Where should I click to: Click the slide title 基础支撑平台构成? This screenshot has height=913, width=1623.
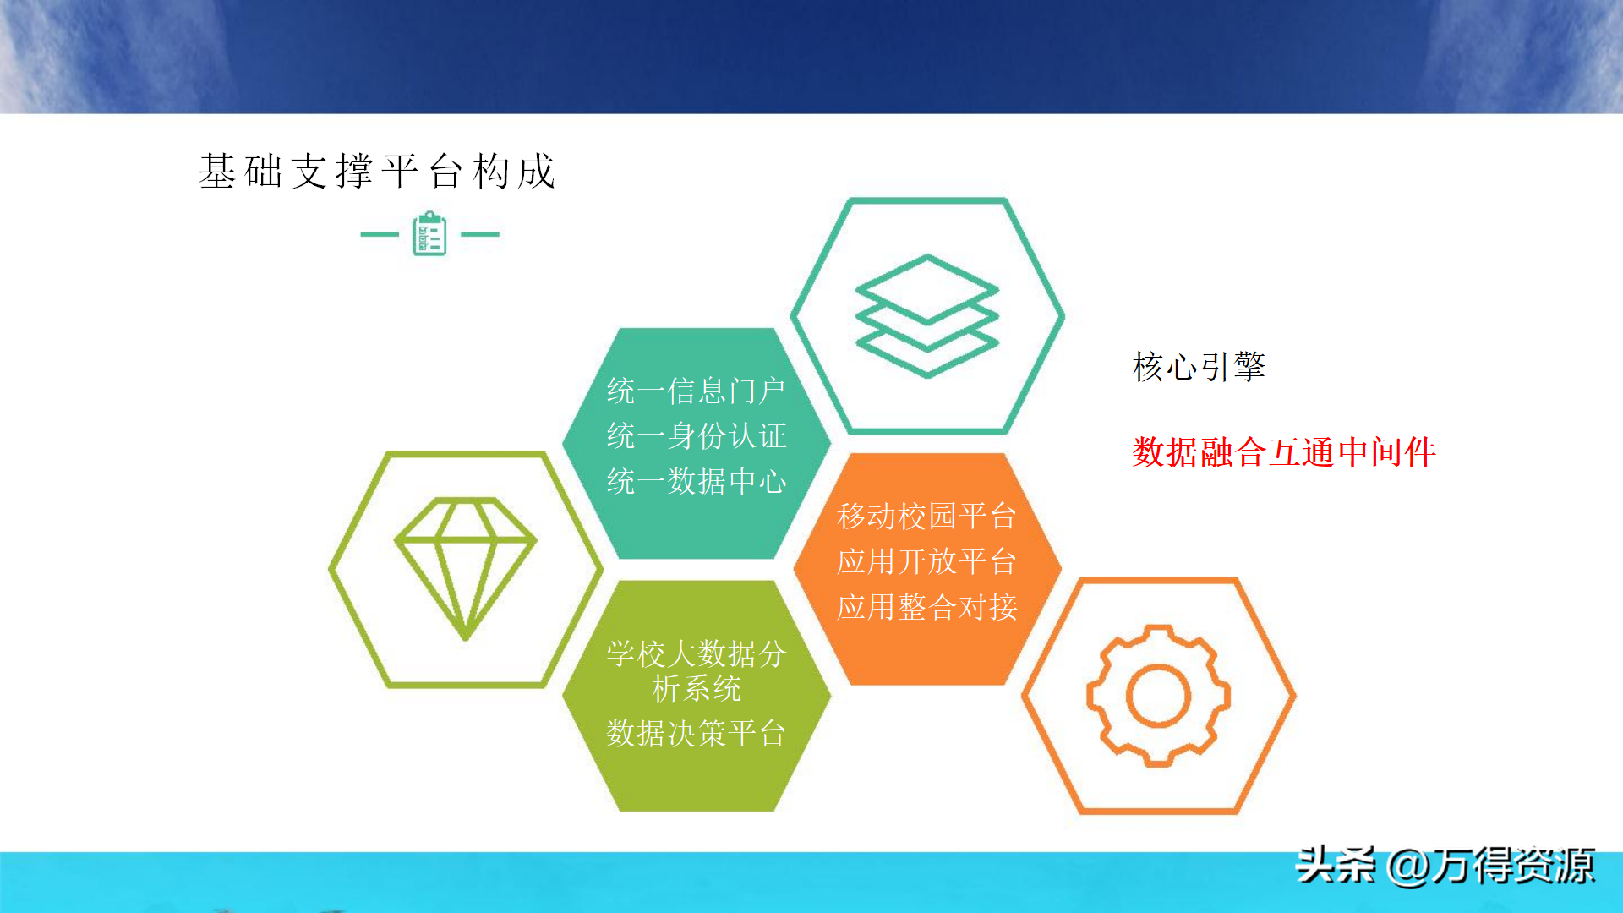[x=377, y=172]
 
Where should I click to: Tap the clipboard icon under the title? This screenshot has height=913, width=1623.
[x=429, y=234]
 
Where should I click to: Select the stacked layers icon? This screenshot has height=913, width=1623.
[x=927, y=315]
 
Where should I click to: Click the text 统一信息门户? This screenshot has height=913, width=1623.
[x=697, y=391]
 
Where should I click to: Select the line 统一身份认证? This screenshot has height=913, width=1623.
[x=697, y=436]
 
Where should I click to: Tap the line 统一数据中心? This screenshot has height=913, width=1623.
[x=697, y=482]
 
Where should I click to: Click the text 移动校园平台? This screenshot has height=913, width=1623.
[x=927, y=516]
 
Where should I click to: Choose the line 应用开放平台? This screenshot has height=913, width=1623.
[x=927, y=561]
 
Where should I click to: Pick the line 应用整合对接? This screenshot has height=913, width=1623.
[x=927, y=607]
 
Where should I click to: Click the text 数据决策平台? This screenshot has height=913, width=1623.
[x=697, y=733]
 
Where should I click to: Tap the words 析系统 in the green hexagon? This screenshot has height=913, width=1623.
[x=697, y=688]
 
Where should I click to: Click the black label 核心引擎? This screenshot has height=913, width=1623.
[x=1199, y=367]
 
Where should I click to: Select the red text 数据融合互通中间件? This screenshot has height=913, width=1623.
[x=1284, y=452]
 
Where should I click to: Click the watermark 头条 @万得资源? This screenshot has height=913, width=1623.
[x=1445, y=866]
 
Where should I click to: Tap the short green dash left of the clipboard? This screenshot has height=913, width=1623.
[x=380, y=234]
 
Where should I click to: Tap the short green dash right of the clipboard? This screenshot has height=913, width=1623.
[x=480, y=234]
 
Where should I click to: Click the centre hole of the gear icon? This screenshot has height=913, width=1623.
[x=1158, y=696]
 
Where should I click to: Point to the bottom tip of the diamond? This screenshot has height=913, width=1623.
[x=465, y=639]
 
